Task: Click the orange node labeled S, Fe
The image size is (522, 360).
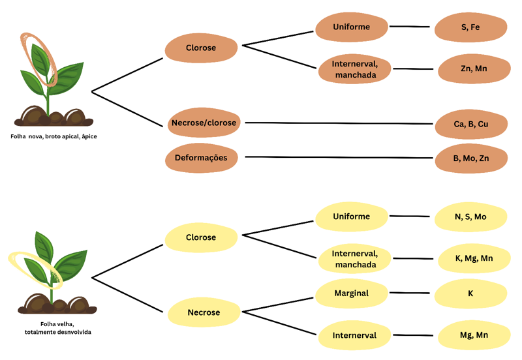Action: coord(470,27)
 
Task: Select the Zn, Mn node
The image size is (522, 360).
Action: coord(474,69)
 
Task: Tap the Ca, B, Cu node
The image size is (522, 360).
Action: coord(471,124)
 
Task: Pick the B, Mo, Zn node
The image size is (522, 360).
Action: coord(471,158)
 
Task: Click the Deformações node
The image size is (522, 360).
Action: coord(201,158)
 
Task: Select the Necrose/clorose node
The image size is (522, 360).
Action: coord(204,123)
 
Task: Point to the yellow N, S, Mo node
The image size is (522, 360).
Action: coord(470,217)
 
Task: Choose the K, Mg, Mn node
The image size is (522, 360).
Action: coord(474,258)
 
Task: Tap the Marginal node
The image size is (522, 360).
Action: coord(352,293)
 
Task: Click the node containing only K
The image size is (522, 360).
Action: coord(470,293)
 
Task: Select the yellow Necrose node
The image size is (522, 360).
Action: coord(204,312)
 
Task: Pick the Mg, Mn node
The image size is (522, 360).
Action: coord(474,335)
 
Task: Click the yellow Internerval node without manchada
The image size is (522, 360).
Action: coord(354,335)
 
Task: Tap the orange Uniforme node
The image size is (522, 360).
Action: coord(352,27)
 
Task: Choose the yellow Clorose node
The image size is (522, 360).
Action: coord(201,237)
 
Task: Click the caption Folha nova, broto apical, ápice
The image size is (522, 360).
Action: coord(54,136)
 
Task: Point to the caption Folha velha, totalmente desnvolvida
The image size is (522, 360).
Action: coord(57,328)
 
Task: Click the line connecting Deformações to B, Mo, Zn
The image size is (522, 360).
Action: coord(339,157)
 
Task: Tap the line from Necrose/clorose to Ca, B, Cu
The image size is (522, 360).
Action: coord(339,123)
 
